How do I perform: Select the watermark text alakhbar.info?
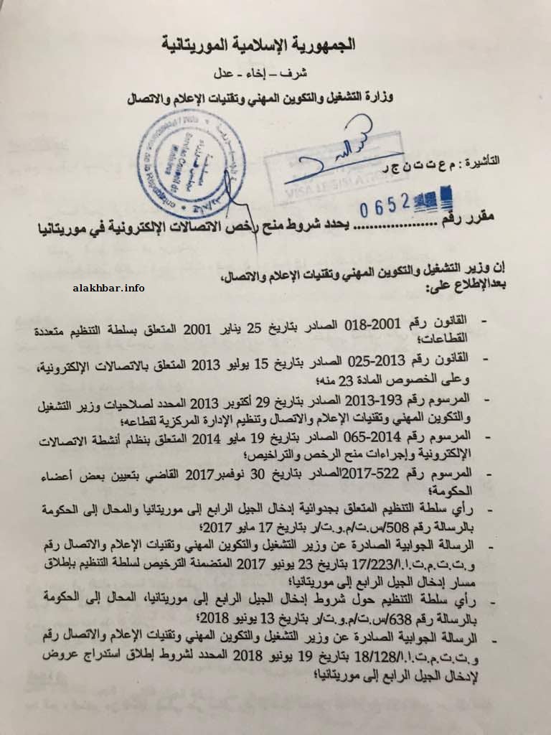[x=109, y=288]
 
